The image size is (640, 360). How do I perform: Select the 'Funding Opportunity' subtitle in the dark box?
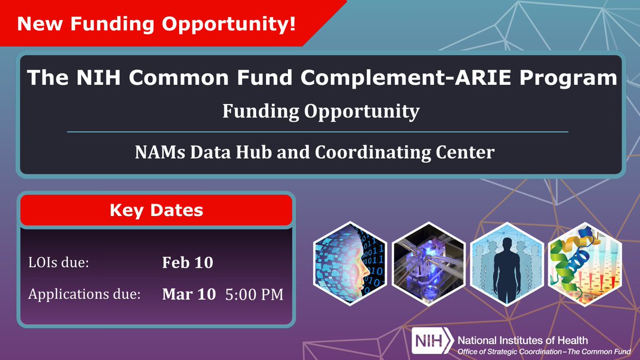click(321, 111)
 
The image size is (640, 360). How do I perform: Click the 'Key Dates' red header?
click(156, 210)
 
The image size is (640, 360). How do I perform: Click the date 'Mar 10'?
click(189, 294)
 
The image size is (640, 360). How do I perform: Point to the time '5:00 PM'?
click(254, 294)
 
